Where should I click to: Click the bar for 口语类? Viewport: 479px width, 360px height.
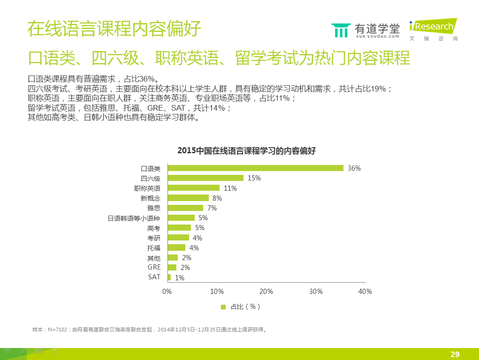(x=255, y=168)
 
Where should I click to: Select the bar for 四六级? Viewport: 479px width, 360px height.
(x=205, y=178)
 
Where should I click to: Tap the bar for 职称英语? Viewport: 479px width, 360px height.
(x=193, y=188)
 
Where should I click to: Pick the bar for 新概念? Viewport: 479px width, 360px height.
(x=188, y=198)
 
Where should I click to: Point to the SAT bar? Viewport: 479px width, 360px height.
(x=169, y=277)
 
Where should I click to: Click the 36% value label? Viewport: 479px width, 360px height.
(x=354, y=168)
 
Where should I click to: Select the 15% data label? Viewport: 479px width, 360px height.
(x=254, y=178)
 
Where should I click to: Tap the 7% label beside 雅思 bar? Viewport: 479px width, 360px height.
(x=212, y=208)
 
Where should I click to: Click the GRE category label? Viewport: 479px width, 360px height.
(x=154, y=267)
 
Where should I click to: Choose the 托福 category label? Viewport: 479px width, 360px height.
(x=153, y=247)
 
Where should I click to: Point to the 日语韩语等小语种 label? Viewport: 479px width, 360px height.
(x=134, y=218)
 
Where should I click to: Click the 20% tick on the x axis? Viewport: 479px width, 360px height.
(x=266, y=292)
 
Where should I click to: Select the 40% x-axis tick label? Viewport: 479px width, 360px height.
(x=365, y=292)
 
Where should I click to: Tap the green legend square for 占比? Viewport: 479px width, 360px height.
(x=223, y=307)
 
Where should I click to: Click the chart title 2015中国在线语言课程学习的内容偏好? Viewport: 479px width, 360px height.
(x=246, y=150)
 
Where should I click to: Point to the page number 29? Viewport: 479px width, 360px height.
(x=455, y=354)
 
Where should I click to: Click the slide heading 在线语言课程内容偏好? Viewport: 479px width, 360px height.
(x=114, y=29)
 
